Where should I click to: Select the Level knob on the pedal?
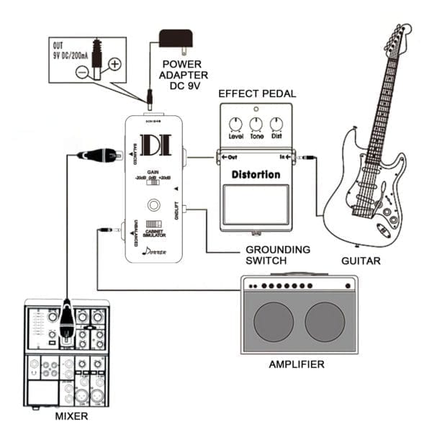click(x=235, y=123)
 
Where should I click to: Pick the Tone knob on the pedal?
click(x=256, y=123)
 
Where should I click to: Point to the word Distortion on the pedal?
click(x=256, y=174)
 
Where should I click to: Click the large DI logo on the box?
click(x=154, y=146)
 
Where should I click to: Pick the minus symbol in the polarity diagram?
click(x=84, y=73)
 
